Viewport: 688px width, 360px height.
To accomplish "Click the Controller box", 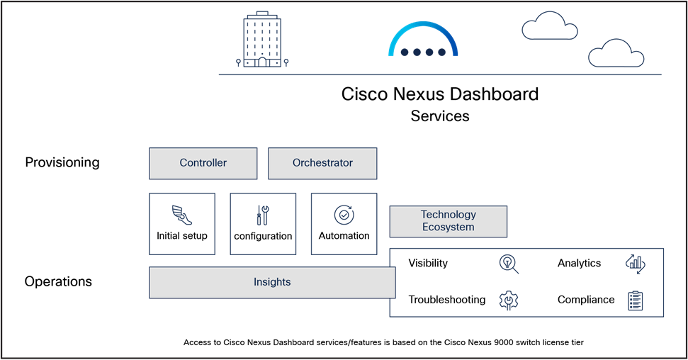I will pos(203,163).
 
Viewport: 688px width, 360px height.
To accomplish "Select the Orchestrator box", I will pos(322,163).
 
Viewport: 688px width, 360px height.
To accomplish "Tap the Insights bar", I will pos(272,282).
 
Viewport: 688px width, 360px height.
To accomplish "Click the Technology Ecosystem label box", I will pos(448,221).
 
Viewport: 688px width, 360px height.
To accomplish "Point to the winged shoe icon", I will pos(182,215).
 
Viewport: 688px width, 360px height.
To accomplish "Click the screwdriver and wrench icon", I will pos(263,215).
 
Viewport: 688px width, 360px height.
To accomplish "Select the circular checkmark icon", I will pos(344,215).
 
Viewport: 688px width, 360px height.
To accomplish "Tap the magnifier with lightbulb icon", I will pos(509,264).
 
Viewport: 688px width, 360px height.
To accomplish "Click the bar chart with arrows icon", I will pos(636,264).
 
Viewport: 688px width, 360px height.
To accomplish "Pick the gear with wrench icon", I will pos(509,301).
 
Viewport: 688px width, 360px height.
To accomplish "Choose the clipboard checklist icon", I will pos(636,301).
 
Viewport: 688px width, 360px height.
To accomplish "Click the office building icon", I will pos(262,40).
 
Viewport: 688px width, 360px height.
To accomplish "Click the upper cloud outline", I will pos(549,26).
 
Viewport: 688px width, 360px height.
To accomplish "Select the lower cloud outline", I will pos(616,54).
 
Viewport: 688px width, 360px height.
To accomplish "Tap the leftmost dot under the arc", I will pos(405,52).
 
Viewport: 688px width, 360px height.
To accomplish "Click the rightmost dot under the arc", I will pos(441,52).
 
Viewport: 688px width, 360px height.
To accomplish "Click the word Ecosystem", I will pos(448,227).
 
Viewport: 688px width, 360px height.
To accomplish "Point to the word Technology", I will pos(448,215).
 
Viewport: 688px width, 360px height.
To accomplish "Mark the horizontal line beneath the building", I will pos(439,74).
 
